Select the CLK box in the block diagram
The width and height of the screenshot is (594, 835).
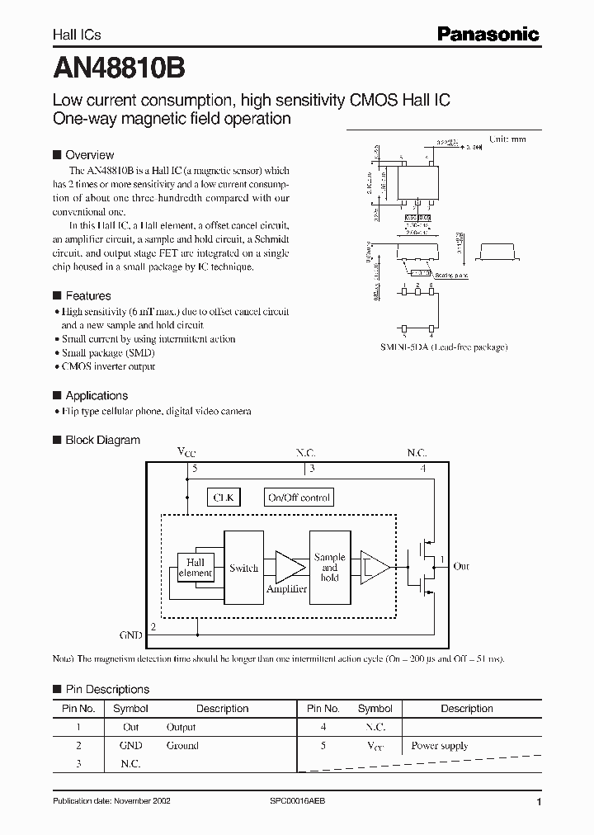(224, 498)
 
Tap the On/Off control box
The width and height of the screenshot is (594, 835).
(299, 498)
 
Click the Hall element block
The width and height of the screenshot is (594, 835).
(196, 568)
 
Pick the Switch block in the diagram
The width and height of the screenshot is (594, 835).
(243, 568)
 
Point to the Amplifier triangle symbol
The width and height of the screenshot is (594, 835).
(287, 568)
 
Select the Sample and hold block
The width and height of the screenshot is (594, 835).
(329, 568)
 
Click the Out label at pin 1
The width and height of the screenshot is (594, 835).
(461, 566)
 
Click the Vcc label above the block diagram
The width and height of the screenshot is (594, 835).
(187, 451)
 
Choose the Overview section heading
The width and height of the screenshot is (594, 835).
(89, 154)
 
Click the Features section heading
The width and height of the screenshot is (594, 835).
(87, 295)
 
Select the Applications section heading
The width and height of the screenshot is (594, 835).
(97, 395)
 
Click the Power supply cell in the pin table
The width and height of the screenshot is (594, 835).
(440, 746)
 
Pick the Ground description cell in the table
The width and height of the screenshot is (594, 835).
(182, 746)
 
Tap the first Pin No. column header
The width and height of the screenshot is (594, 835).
(78, 709)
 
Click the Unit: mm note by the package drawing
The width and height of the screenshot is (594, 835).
(507, 139)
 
